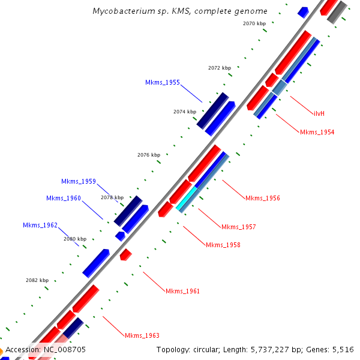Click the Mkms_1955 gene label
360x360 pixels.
[162, 82]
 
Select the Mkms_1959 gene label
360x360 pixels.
[78, 181]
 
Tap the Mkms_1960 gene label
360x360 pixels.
[63, 198]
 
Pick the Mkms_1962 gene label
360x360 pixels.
[40, 225]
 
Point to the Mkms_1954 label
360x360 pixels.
[317, 132]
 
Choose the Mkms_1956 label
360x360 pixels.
[262, 198]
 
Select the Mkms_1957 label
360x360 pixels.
[238, 227]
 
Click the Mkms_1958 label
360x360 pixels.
[223, 245]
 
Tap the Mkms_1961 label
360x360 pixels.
[182, 291]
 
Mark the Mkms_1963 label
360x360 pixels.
[142, 335]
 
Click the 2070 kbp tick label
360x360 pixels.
[254, 23]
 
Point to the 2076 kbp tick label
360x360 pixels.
[148, 155]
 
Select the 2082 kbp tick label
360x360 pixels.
[37, 280]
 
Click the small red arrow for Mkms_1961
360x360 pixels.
[125, 254]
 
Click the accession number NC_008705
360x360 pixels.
[64, 349]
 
